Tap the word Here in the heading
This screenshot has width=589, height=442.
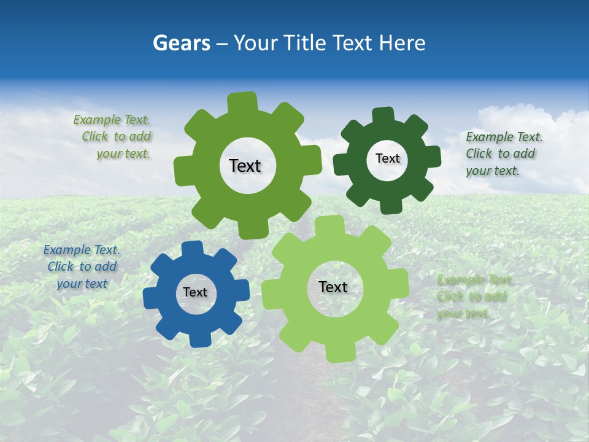click(402, 43)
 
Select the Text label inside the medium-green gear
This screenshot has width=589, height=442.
click(245, 166)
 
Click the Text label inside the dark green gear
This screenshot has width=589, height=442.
click(387, 158)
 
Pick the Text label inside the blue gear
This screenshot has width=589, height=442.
click(195, 293)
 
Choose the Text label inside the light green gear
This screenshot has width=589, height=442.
click(333, 287)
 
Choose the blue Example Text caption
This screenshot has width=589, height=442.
click(82, 267)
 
